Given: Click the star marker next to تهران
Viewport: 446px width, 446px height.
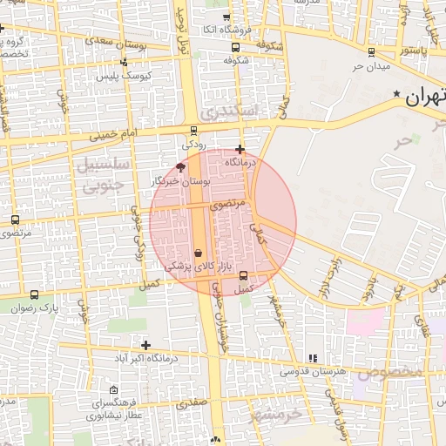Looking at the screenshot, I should (397, 93).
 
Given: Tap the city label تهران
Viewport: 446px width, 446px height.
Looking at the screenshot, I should (425, 96).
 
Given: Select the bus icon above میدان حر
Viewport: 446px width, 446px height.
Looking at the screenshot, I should (372, 52).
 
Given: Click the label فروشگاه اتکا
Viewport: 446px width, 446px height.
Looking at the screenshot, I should (227, 30).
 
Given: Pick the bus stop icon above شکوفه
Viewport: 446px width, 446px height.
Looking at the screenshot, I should (236, 47).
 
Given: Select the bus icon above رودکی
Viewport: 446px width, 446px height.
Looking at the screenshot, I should (193, 131).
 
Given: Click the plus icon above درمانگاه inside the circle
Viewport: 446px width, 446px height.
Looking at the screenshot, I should (240, 149).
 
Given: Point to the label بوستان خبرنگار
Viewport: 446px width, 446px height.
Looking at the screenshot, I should (181, 181).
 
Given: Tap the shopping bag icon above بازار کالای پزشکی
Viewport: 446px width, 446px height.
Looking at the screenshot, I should (199, 253).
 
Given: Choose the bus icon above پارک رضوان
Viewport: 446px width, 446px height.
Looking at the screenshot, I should (34, 294).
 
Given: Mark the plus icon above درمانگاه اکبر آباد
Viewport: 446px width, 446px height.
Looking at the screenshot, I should (145, 345).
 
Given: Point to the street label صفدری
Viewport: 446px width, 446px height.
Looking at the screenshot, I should (192, 403).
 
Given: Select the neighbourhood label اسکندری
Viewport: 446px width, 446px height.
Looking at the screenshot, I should (228, 111).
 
